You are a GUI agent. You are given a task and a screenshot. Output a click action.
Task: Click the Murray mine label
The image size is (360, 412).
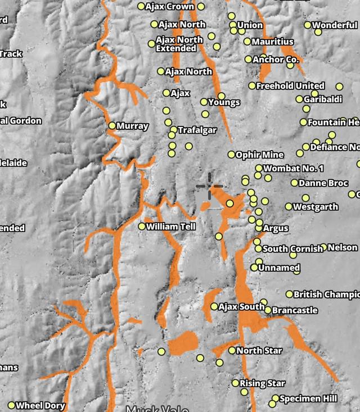(x=133, y=126)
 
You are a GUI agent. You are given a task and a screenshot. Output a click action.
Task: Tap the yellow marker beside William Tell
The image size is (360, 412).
(x=142, y=227)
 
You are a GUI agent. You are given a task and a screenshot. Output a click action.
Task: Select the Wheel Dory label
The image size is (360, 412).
(x=40, y=405)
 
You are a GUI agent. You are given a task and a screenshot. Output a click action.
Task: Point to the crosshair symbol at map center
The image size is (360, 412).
(x=210, y=185)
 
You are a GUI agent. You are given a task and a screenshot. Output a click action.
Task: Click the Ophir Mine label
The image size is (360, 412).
(x=259, y=155)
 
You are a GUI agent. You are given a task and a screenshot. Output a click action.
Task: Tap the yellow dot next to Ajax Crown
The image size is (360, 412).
(x=141, y=7)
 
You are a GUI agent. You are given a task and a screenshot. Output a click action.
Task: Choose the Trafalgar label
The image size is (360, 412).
(x=197, y=130)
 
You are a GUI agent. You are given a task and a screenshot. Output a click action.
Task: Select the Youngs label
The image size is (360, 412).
(x=224, y=102)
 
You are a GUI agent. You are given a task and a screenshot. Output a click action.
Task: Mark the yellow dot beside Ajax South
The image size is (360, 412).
(x=214, y=306)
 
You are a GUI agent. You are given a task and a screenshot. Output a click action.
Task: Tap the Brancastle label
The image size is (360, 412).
(x=295, y=310)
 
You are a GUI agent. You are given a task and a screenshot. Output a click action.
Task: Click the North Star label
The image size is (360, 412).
(x=259, y=351)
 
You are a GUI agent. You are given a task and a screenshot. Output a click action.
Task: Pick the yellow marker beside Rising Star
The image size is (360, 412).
(x=236, y=383)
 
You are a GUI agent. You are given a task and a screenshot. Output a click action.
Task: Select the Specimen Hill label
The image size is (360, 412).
(x=308, y=399)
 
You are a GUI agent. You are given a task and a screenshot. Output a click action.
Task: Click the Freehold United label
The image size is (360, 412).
(x=290, y=86)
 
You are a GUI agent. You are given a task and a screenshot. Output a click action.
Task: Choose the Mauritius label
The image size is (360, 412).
(x=272, y=42)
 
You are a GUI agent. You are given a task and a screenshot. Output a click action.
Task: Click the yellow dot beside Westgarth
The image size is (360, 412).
(x=289, y=207)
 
